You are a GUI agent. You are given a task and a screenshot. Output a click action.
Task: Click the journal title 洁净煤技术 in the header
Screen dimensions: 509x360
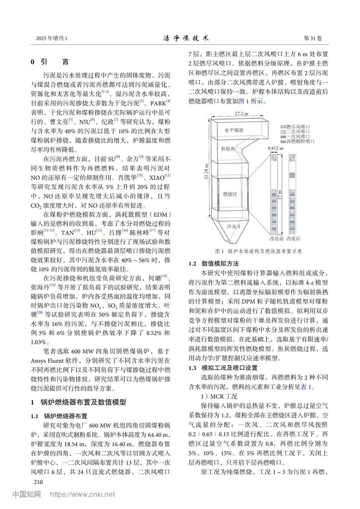186,38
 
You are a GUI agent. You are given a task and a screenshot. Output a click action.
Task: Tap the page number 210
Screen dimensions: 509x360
38,482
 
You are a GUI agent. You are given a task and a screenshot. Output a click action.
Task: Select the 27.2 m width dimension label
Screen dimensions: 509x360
241,114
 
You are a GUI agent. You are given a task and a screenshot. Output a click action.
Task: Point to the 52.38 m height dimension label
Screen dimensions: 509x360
207,171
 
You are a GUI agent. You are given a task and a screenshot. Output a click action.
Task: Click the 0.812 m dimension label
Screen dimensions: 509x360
275,148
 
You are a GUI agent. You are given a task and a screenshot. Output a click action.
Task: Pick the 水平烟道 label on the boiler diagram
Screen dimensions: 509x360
234,130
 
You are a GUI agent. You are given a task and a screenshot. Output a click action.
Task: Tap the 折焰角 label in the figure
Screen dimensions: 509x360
228,149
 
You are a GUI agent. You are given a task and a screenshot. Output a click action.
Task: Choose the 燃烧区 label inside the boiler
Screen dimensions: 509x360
230,194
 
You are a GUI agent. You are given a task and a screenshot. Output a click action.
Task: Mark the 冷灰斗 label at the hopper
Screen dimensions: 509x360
234,226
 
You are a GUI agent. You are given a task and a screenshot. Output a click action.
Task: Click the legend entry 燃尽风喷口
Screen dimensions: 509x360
298,127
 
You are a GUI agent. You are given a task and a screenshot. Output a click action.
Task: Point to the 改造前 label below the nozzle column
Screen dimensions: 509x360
277,239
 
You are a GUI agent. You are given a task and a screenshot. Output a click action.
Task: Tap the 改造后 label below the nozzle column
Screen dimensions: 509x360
293,239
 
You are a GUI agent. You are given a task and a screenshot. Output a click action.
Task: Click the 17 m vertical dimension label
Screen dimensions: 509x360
280,195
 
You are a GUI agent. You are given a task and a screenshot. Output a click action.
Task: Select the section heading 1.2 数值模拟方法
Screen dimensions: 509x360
214,263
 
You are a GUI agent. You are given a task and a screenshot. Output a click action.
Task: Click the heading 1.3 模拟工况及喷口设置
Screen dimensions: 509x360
223,368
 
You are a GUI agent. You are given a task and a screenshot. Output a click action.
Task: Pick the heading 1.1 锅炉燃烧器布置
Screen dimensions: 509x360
59,416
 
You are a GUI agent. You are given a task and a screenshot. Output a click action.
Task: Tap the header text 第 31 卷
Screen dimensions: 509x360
313,38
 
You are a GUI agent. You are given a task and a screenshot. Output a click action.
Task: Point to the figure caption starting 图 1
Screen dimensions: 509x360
258,251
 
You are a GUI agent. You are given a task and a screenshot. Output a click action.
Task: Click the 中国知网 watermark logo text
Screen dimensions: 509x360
27,494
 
